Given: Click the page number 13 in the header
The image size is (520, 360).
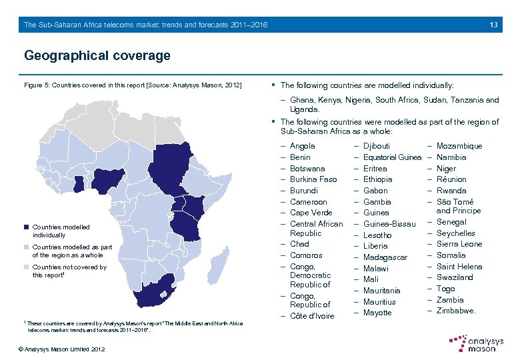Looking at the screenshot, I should click(x=493, y=25).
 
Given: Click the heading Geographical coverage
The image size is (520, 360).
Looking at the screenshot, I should click(x=97, y=55).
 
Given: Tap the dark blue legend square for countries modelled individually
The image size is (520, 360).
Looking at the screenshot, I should click(x=27, y=227).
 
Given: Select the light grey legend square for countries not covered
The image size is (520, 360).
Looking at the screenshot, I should click(x=27, y=267).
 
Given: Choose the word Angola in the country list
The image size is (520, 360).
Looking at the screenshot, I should click(x=303, y=146).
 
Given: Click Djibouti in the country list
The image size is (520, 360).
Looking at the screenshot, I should click(x=377, y=146).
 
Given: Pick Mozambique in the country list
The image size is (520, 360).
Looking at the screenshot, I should click(x=459, y=146).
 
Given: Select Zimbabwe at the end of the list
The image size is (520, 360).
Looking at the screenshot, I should click(x=456, y=311).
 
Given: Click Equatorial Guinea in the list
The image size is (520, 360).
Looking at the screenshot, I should click(x=392, y=157).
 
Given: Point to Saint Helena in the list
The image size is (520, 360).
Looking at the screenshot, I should click(x=459, y=267).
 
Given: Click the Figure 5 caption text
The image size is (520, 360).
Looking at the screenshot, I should click(x=133, y=85).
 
